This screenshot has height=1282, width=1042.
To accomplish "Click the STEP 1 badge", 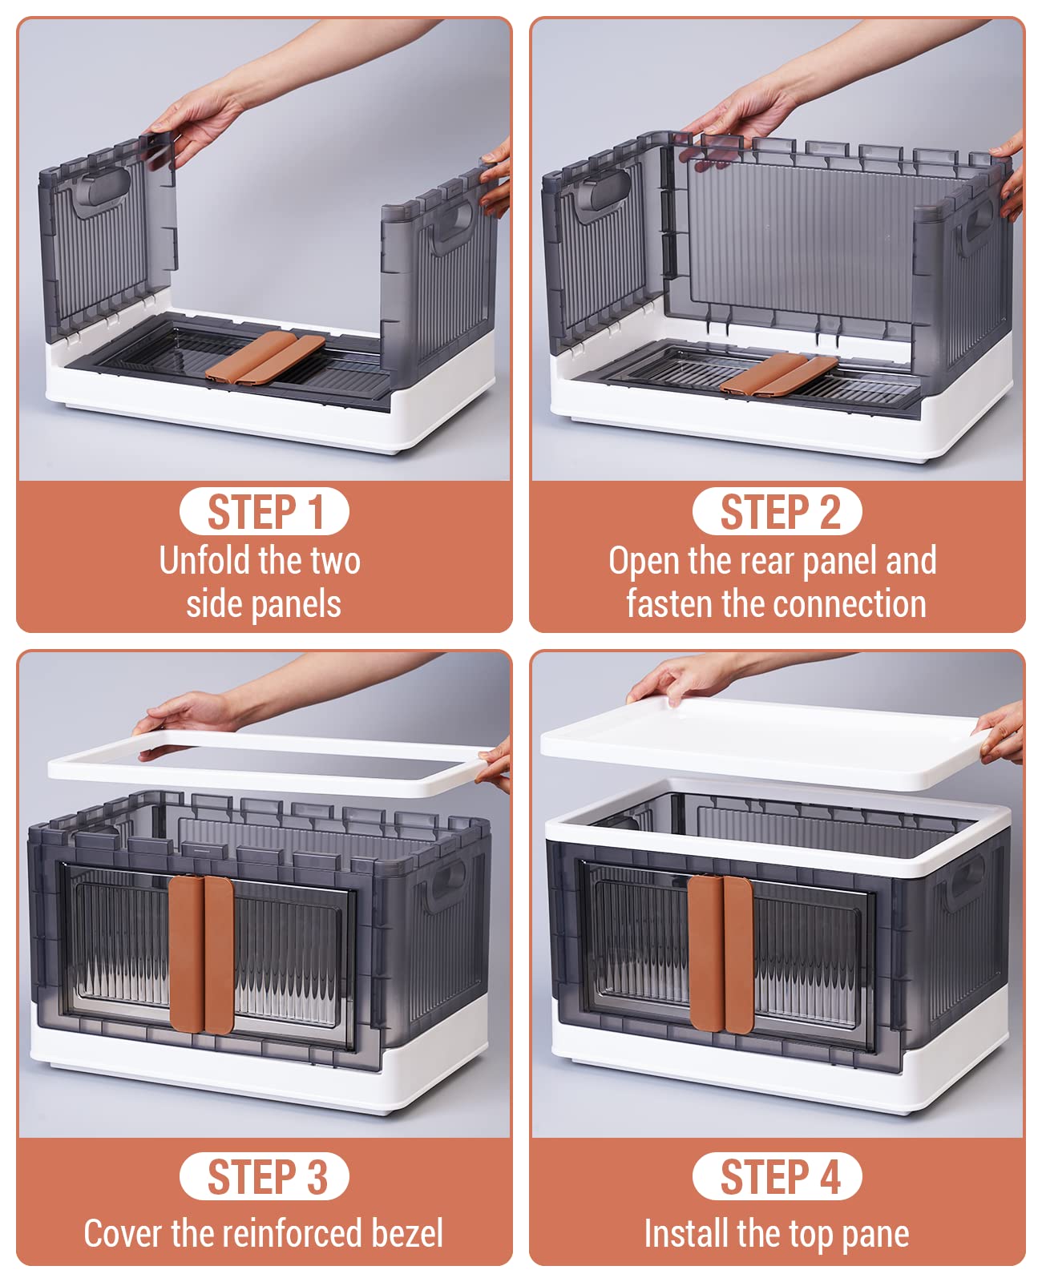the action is pyautogui.click(x=264, y=511).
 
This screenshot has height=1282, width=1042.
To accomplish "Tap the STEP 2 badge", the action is pyautogui.click(x=777, y=511).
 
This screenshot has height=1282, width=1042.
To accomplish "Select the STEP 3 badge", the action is pyautogui.click(x=264, y=1176).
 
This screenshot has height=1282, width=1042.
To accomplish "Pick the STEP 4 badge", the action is pyautogui.click(x=777, y=1176).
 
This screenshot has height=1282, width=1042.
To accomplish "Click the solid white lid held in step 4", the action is pyautogui.click(x=765, y=744).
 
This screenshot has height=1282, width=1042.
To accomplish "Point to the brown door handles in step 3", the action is pyautogui.click(x=201, y=954).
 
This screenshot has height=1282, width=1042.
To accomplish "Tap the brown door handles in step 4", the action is pyautogui.click(x=721, y=953).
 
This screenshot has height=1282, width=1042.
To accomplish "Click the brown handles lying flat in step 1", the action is pyautogui.click(x=265, y=357).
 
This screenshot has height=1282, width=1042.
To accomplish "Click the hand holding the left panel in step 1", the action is pyautogui.click(x=192, y=123).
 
